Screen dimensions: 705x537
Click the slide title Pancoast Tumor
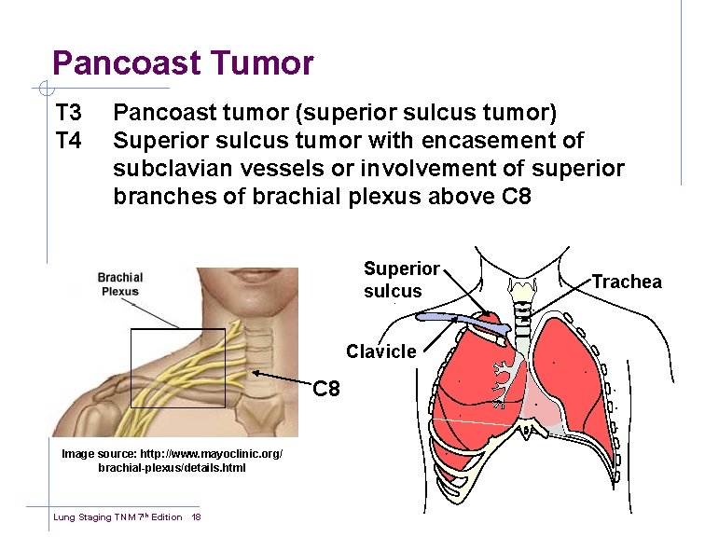[x=183, y=63]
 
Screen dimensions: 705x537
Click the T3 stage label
[x=69, y=114]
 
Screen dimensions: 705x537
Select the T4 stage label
[x=69, y=141]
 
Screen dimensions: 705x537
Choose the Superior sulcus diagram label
[x=401, y=280]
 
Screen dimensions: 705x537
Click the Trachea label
[x=627, y=282]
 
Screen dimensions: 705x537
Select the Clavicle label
[x=380, y=351]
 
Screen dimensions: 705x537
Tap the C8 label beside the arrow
[x=326, y=388]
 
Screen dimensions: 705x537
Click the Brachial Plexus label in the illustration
[x=119, y=283]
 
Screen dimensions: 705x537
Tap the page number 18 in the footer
[x=196, y=517]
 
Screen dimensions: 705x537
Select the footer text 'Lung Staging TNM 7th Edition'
[x=117, y=517]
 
